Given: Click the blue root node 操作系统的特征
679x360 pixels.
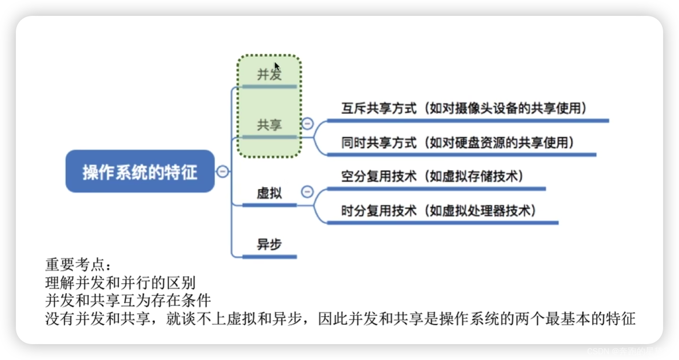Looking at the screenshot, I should [x=140, y=172].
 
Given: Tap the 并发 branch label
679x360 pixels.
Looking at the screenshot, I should [x=269, y=75].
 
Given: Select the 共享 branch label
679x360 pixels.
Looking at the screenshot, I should [x=269, y=125].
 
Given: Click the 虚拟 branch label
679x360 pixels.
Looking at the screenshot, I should [x=269, y=193].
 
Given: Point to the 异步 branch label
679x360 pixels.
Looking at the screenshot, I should [x=269, y=244].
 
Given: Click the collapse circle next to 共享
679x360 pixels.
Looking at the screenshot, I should [x=307, y=124].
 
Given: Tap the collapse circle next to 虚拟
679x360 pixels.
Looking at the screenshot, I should [x=307, y=191].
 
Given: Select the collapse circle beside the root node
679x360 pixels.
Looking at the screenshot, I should [x=223, y=171].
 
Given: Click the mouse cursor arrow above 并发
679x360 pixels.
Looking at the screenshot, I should [x=277, y=67].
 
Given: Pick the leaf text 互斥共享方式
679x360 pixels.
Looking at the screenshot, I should [x=378, y=109].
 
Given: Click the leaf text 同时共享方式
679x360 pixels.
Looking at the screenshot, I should [x=378, y=143].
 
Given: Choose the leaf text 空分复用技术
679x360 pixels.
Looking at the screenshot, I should [x=378, y=176].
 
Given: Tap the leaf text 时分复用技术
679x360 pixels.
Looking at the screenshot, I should [x=378, y=211].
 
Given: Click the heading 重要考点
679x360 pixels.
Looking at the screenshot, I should [x=78, y=265].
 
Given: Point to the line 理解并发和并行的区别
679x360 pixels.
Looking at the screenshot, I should [x=120, y=283].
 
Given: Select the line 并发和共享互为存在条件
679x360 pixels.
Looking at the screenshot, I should [x=128, y=300].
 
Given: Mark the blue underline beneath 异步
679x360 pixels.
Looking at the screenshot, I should [x=269, y=256].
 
